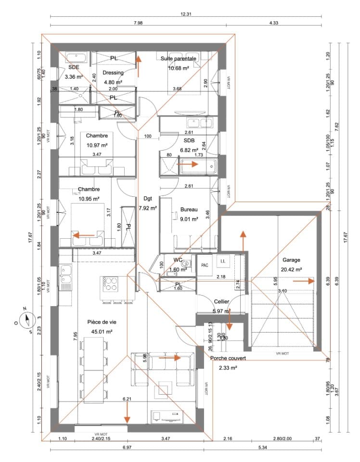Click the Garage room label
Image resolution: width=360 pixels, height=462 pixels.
[x=292, y=259]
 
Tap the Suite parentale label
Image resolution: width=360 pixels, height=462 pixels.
[x=179, y=58]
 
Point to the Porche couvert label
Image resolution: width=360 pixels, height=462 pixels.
[x=228, y=359]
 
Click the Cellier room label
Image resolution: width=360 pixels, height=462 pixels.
[x=221, y=301]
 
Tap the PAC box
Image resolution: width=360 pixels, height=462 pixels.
[x=205, y=265]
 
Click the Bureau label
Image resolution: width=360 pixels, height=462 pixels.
[x=189, y=209]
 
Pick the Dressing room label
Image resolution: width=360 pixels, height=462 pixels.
[x=114, y=73]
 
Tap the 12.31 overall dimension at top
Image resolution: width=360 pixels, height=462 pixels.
[x=186, y=14]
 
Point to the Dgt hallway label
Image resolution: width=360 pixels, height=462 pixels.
[x=147, y=199]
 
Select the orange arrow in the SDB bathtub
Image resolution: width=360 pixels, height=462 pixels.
[x=188, y=164]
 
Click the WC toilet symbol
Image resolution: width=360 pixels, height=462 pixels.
[x=188, y=263]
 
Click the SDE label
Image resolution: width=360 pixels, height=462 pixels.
[x=74, y=68]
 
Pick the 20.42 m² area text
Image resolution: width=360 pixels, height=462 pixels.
[x=292, y=269]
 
